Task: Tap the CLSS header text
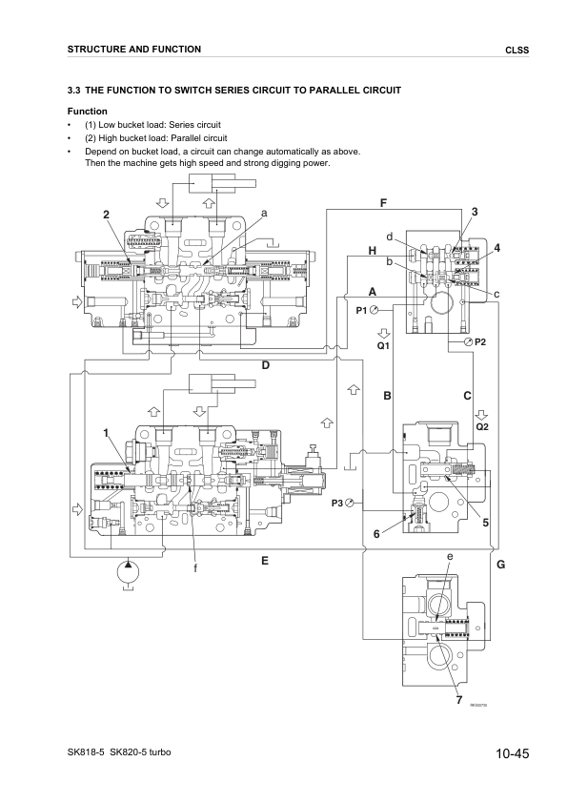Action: coord(516,50)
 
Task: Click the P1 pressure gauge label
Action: coord(362,310)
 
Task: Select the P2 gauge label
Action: coord(480,341)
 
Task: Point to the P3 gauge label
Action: coord(337,503)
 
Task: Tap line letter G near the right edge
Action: coord(500,566)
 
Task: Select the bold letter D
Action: coord(267,365)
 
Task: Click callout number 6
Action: coord(376,534)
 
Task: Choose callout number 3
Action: coord(475,211)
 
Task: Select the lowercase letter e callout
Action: coord(450,556)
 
